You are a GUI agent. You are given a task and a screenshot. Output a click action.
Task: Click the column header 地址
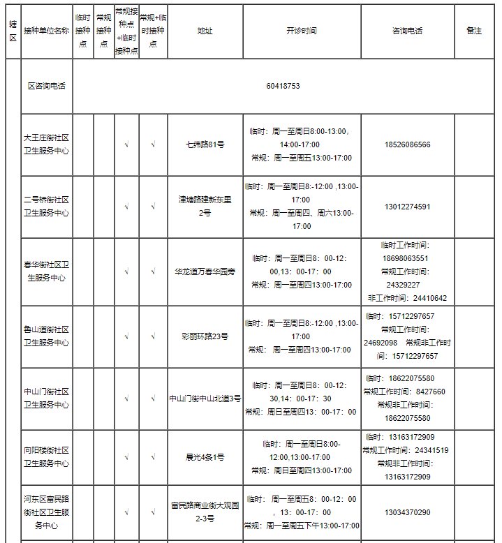click(x=205, y=31)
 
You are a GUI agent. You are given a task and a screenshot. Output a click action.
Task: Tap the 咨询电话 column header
click(x=407, y=31)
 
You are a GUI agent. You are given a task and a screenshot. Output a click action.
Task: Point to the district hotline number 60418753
click(x=283, y=86)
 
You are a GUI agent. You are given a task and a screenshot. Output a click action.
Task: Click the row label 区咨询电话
click(x=46, y=86)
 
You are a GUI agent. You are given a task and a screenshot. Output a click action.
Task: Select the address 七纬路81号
click(x=205, y=145)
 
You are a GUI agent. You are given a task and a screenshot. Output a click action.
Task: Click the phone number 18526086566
click(x=407, y=145)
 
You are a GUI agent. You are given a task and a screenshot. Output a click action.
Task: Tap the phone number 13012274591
click(x=407, y=207)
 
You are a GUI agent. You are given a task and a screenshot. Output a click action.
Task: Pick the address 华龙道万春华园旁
click(x=205, y=271)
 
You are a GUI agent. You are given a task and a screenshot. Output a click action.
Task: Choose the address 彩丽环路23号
click(x=205, y=336)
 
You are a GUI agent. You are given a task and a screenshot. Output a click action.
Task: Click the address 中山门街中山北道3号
click(x=205, y=399)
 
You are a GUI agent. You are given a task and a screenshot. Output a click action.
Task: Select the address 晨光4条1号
click(x=205, y=457)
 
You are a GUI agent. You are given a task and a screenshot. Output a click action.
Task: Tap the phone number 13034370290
click(x=407, y=512)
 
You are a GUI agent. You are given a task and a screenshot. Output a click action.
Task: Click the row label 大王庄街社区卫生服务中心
click(x=46, y=145)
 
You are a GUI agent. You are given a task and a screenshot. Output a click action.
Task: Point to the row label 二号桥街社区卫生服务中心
click(x=46, y=207)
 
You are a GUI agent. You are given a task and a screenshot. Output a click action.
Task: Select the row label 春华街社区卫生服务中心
click(x=46, y=271)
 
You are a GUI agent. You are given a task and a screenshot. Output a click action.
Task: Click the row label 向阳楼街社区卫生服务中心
click(x=46, y=457)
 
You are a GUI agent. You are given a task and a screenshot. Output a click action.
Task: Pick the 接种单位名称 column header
click(x=46, y=31)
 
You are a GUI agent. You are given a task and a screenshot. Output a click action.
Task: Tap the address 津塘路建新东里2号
click(x=205, y=207)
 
